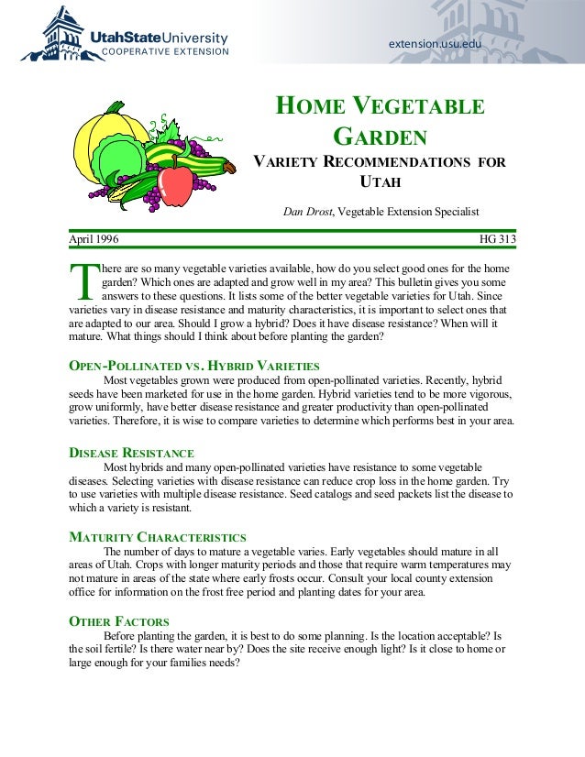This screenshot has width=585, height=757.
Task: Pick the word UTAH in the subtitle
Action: click(381, 181)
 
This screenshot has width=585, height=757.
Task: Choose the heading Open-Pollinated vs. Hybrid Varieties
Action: click(194, 366)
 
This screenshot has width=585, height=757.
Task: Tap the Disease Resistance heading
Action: click(132, 453)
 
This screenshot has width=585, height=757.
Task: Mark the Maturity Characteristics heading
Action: click(158, 537)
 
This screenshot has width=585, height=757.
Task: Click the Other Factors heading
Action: click(118, 621)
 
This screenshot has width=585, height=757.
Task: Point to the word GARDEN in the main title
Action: click(380, 137)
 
